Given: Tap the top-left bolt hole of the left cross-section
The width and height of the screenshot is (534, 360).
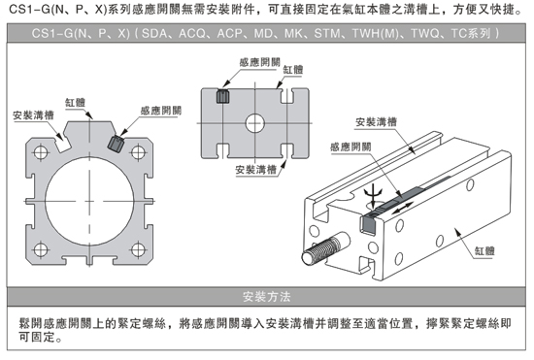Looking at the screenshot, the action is (41, 152).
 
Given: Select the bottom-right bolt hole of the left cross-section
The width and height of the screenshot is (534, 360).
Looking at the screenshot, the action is (138, 250).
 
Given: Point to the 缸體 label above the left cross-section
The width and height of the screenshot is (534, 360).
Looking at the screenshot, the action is (75, 103).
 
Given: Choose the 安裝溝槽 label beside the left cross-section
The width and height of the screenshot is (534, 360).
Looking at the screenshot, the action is (33, 115).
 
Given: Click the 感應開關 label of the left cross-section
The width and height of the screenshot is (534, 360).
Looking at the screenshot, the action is (161, 111).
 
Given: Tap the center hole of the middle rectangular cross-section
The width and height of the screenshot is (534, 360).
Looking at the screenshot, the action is (255, 123).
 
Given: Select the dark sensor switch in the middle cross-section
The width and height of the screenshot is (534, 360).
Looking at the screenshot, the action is (223, 96).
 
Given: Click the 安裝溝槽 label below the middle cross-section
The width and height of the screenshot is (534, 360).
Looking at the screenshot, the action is (255, 170).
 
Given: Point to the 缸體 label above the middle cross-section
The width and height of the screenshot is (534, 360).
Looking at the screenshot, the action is (293, 70).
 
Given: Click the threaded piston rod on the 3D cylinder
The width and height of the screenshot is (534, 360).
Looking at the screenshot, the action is (326, 247).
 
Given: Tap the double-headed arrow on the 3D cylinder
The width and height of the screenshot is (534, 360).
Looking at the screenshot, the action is (402, 208).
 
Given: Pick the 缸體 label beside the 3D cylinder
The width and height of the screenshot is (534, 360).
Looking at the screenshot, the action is (484, 251).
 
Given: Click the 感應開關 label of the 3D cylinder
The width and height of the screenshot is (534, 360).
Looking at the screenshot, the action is (350, 147).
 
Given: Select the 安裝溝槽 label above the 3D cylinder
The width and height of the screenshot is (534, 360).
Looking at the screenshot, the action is (376, 122).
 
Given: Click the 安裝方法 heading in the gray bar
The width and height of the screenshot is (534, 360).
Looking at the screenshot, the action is (267, 297).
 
